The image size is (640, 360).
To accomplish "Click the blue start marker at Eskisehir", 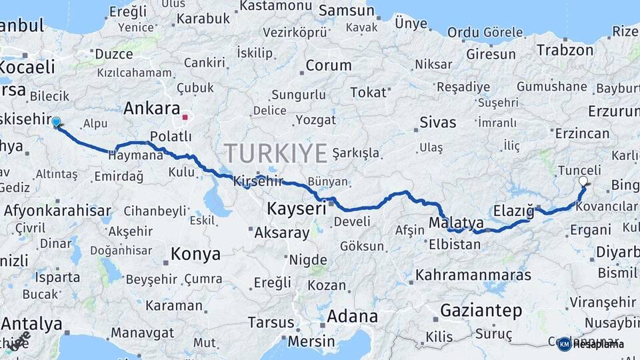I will tap(56, 122).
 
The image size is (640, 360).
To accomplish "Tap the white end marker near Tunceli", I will tap(583, 181).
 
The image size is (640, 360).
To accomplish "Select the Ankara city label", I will tap(152, 109).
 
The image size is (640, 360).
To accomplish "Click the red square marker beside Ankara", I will tap(185, 117).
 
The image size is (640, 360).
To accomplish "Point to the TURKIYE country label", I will tap(276, 153).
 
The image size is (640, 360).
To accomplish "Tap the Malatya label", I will tap(456, 222).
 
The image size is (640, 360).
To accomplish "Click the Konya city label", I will tap(195, 254).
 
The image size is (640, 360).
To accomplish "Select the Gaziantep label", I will tap(481, 310).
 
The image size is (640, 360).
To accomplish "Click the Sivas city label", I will tap(438, 123).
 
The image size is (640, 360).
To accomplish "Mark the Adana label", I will tap(352, 316).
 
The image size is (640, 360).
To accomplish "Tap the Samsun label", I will tap(346, 11).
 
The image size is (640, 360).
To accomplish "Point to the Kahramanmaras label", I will tap(473, 275).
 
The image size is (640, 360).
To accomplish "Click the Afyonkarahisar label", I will tap(57, 211).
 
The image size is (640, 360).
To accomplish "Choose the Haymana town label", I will tap(135, 155).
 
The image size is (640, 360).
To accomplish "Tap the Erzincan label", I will tap(582, 133).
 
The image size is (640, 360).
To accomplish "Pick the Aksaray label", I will tap(282, 233).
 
